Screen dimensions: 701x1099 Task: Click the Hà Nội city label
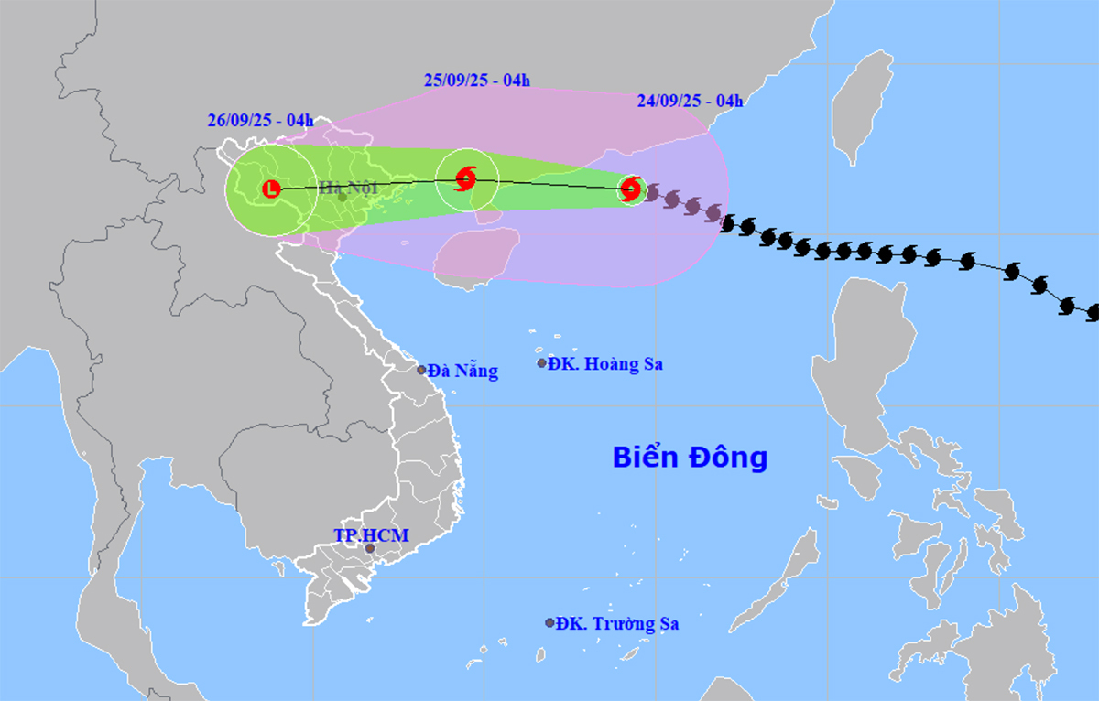[x=348, y=189]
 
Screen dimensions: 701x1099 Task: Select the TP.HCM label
[x=372, y=535]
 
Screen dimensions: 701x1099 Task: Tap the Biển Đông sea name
[x=690, y=457]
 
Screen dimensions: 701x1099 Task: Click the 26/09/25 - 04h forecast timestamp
[x=260, y=120]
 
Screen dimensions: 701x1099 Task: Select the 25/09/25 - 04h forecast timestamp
[x=477, y=81]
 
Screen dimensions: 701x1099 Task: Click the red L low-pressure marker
[x=271, y=189]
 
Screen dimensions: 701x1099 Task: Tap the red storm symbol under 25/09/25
[x=466, y=178]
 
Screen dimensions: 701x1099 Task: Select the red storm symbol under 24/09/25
[x=630, y=189]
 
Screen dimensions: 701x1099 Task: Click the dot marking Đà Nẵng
[x=422, y=371]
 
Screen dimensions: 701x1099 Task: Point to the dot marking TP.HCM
[x=370, y=549]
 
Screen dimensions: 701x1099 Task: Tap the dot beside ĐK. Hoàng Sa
[x=541, y=363]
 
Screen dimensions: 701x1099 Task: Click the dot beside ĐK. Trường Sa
[x=550, y=623]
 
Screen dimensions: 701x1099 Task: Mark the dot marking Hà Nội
[x=342, y=196]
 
